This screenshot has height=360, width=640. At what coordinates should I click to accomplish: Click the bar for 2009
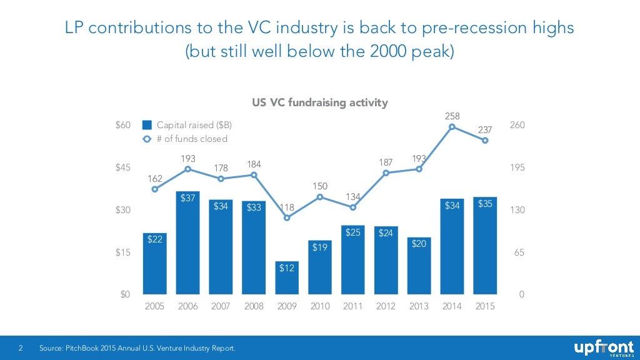pos(287,277)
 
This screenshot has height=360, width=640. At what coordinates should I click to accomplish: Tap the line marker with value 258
pos(452,127)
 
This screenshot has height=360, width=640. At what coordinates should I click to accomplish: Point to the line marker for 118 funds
pos(287,218)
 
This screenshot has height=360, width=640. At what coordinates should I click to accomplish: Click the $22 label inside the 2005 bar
pos(154,239)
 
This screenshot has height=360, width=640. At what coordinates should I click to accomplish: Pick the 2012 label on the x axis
pos(386,307)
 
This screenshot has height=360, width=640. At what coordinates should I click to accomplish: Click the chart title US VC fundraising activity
pos(319,102)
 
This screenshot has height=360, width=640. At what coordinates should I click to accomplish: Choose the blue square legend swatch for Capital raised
pos(147,125)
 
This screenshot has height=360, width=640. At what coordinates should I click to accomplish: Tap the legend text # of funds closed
pos(192,139)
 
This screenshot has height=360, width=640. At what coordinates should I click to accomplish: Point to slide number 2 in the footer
pos(21,347)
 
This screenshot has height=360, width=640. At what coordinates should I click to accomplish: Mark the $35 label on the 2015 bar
pos(485,204)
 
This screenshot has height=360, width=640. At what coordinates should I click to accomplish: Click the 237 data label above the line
pos(485,130)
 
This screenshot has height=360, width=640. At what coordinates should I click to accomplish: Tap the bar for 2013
pos(419,266)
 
